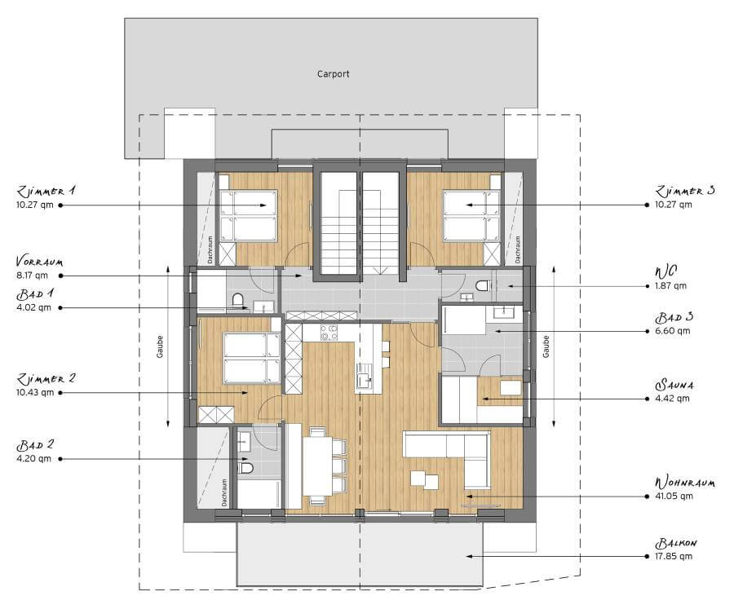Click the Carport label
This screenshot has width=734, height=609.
point(333,74)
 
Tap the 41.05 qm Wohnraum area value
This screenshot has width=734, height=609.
point(674,496)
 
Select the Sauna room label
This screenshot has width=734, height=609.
point(674,385)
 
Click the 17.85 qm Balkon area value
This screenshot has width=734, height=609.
point(674,557)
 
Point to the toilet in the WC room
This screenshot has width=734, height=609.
point(482,285)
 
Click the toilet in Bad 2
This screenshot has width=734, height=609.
point(245,468)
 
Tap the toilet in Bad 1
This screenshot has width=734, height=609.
point(238,299)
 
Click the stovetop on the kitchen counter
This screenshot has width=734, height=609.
point(329,333)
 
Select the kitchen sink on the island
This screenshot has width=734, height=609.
point(365,377)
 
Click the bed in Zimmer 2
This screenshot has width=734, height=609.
point(252,358)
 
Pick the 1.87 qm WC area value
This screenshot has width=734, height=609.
point(671,285)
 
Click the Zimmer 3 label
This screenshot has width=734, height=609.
point(685,191)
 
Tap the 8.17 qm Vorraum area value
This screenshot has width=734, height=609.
point(32,276)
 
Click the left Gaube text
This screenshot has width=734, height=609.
point(160,346)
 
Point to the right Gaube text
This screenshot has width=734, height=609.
point(546,346)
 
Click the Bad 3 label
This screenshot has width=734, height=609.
point(674,317)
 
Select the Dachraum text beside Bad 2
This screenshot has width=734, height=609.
point(224,492)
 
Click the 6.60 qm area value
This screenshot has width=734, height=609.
point(673,331)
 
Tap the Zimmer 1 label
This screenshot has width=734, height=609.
point(46,191)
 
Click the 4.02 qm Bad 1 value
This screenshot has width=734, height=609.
point(33,308)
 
